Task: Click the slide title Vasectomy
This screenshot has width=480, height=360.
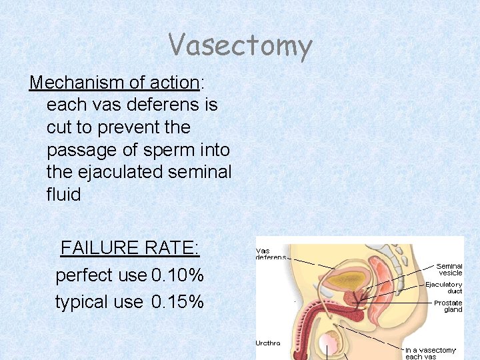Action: [x=240, y=46]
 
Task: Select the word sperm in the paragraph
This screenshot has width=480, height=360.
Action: [x=167, y=150]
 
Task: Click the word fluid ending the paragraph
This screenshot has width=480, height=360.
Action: [x=63, y=195]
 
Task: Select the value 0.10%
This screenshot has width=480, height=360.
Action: [x=177, y=275]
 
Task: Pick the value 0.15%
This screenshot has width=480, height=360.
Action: [x=177, y=302]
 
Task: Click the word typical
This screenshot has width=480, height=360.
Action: [x=81, y=302]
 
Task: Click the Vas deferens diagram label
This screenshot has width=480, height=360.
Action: [x=271, y=255]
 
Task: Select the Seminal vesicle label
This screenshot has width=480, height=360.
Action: [x=450, y=269]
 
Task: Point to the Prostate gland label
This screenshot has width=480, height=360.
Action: [x=448, y=306]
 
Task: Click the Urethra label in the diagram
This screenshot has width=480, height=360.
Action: [x=268, y=343]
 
